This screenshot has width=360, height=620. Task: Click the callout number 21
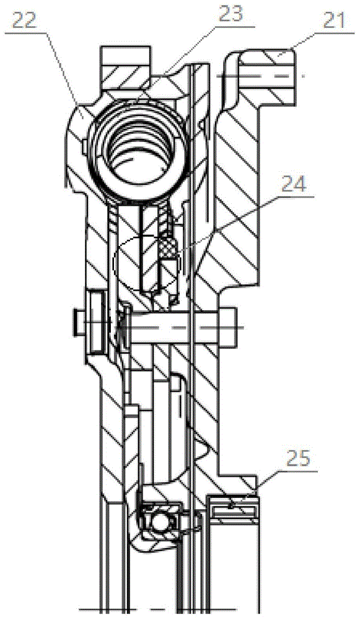coord(335,21)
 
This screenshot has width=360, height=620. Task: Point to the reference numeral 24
coord(294,184)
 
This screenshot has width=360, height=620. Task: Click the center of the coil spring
coord(138,149)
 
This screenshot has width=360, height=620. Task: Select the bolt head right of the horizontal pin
coord(227,326)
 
